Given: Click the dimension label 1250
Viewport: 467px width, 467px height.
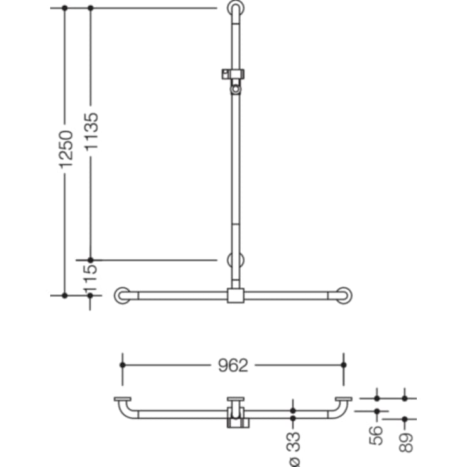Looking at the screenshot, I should [x=65, y=150].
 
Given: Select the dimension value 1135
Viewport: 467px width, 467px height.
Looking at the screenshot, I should [x=91, y=132].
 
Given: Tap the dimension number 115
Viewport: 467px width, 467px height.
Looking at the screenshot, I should [x=91, y=278].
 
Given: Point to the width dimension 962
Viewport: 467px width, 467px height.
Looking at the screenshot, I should [x=233, y=365].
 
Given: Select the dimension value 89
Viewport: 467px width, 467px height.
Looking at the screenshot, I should [x=405, y=438].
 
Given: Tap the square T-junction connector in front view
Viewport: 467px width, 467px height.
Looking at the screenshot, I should [x=235, y=295].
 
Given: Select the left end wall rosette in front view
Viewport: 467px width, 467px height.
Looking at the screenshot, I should [x=122, y=295].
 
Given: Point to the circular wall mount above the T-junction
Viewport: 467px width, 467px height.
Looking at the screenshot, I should [x=235, y=260].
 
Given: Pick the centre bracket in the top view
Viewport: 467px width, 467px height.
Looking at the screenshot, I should [x=236, y=413].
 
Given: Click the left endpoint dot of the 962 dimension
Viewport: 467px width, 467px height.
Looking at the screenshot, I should [x=123, y=365].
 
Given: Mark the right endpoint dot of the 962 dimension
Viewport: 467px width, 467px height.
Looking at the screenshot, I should [x=344, y=365].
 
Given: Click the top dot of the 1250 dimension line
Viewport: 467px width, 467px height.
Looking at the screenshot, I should [x=64, y=8].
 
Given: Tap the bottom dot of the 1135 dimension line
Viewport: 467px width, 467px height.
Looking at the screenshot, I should [x=90, y=260].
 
